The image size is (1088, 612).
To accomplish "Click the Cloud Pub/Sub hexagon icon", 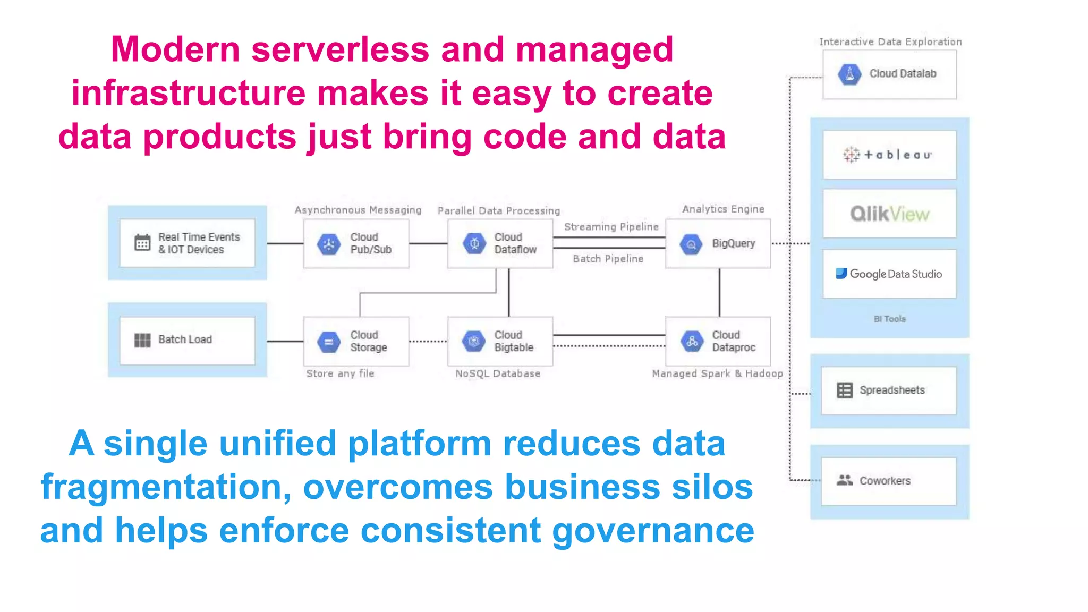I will click(x=329, y=244).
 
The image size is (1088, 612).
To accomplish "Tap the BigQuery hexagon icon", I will click(x=691, y=244).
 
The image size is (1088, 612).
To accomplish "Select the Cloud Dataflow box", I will click(x=500, y=244).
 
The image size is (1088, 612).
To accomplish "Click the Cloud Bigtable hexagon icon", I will click(x=474, y=341).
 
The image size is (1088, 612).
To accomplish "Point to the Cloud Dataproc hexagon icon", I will click(x=692, y=341).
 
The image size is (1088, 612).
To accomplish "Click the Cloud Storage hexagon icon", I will click(x=329, y=342).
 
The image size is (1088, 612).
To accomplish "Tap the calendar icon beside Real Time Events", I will click(x=142, y=243).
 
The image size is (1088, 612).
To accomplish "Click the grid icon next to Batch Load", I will click(x=142, y=340).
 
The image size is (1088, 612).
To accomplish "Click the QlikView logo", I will click(x=889, y=214).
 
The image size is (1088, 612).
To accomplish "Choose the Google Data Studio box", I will click(x=889, y=274).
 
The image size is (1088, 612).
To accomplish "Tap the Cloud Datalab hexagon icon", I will click(x=849, y=74).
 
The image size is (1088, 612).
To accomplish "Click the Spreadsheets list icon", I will click(x=844, y=390).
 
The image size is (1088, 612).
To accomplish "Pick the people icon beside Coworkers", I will click(x=844, y=480).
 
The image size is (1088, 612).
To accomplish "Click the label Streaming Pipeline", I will click(x=611, y=227).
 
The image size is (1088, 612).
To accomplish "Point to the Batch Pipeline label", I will click(x=608, y=259).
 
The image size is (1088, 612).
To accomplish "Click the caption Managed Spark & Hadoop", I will click(x=717, y=373).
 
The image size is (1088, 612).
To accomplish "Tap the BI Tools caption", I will click(x=889, y=319).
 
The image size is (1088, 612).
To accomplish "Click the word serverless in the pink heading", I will click(x=340, y=49).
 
